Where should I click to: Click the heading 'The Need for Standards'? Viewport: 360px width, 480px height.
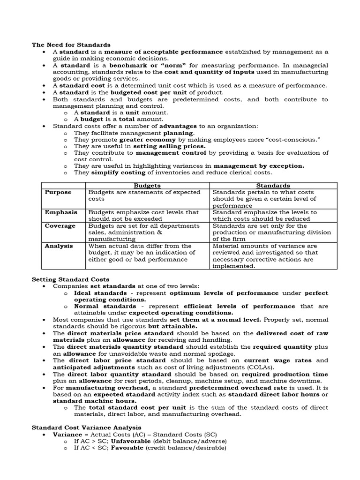click(71, 45)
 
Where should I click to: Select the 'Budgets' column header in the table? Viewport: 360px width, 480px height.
click(147, 185)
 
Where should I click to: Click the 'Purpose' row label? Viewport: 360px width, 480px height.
click(58, 192)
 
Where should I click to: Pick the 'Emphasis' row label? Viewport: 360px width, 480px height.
click(60, 212)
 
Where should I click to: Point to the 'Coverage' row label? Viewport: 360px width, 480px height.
click(60, 226)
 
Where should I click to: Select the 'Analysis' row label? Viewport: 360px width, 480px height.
click(59, 246)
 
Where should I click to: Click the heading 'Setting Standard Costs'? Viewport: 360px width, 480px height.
click(70, 279)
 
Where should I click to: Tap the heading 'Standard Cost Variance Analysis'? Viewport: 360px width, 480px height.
click(86, 427)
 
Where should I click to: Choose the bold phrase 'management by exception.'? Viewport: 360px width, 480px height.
click(259, 165)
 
